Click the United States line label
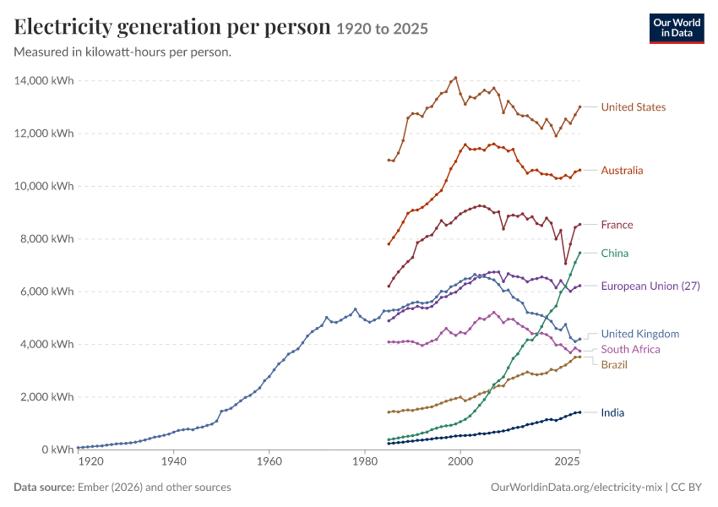click(x=634, y=107)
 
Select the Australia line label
click(x=622, y=171)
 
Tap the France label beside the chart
click(x=617, y=225)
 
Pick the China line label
click(x=614, y=253)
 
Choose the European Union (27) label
click(x=650, y=286)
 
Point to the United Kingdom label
click(x=640, y=334)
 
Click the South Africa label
click(x=630, y=350)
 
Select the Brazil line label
click(x=614, y=364)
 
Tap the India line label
click(x=612, y=412)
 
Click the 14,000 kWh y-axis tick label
click(x=44, y=80)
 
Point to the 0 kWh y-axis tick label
click(x=57, y=450)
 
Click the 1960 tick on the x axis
click(x=269, y=461)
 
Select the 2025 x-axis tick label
click(x=568, y=461)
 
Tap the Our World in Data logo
click(x=677, y=29)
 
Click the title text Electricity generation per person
click(x=172, y=28)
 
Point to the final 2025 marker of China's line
click(x=580, y=253)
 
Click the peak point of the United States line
click(x=455, y=78)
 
